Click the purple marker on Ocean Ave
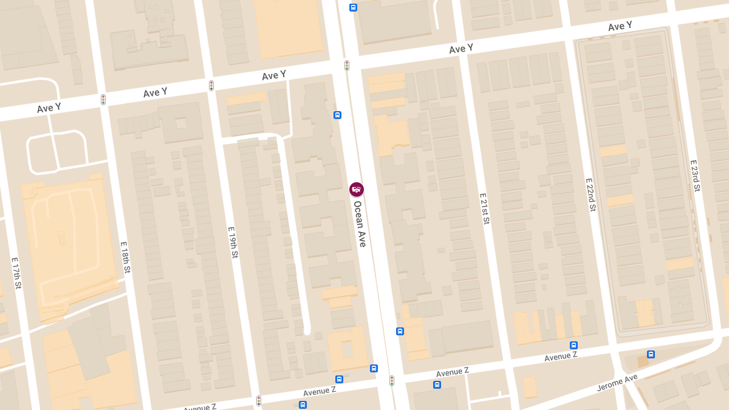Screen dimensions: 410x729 point(357,190)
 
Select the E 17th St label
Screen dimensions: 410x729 point(16,273)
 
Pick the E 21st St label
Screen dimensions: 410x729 point(484,209)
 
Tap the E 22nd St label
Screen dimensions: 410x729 point(590,194)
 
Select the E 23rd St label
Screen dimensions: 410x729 point(696,176)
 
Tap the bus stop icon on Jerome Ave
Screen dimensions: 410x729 point(651,354)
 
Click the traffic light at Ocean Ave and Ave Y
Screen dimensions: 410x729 point(347,65)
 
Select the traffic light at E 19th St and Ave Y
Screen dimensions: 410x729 point(211,86)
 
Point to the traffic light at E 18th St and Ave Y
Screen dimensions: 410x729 point(103,100)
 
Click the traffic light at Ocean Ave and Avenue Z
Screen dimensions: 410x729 point(392,381)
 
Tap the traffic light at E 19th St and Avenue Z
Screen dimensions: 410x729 point(259,401)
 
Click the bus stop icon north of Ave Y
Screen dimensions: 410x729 point(353,7)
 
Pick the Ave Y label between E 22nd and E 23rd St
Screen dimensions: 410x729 point(620,27)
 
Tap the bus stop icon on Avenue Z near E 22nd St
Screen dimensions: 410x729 point(573,345)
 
